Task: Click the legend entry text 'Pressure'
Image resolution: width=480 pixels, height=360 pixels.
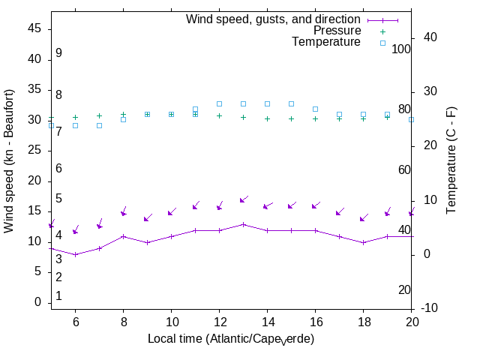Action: (x=337, y=31)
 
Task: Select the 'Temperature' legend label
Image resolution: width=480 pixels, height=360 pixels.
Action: (x=326, y=42)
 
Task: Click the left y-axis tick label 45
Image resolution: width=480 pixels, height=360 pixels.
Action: (x=34, y=28)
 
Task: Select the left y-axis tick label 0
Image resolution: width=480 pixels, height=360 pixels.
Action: (x=37, y=302)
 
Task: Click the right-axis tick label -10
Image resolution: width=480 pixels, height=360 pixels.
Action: (x=435, y=308)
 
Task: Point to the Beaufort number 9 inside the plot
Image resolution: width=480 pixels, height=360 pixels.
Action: (x=58, y=53)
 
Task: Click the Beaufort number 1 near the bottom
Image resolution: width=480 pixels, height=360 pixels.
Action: (x=58, y=296)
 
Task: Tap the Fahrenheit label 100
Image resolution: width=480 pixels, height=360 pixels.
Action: (x=401, y=49)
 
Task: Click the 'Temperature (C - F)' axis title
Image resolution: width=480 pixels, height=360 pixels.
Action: (x=452, y=159)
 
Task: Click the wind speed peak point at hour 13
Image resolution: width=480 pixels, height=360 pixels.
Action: (x=243, y=224)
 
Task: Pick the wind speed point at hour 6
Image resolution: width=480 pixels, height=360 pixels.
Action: (x=75, y=254)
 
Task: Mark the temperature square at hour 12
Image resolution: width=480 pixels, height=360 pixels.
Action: (x=219, y=103)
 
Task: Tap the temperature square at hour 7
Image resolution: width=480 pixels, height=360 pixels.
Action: (x=99, y=125)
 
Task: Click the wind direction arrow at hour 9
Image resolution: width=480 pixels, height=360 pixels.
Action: (x=148, y=217)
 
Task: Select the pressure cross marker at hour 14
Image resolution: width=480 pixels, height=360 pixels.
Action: (x=267, y=118)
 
